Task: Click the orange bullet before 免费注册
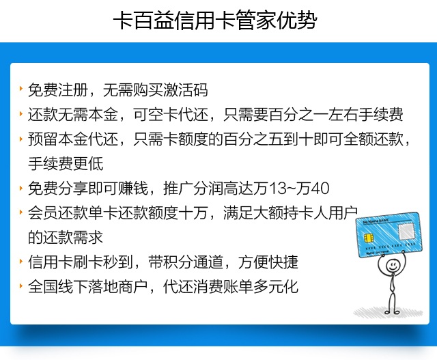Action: coord(21,89)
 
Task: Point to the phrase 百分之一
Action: coord(298,115)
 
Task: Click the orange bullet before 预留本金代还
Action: coord(21,138)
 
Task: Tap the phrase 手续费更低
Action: coord(66,164)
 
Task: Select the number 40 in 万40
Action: coord(320,189)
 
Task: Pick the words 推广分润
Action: coord(193,189)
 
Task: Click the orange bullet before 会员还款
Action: coord(21,211)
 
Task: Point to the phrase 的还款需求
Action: coord(66,237)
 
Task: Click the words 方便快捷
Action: coord(268,262)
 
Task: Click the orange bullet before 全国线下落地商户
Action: coord(21,285)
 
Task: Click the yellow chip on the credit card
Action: coord(369,238)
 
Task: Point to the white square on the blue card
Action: coord(406,231)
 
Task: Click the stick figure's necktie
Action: coord(393,281)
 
